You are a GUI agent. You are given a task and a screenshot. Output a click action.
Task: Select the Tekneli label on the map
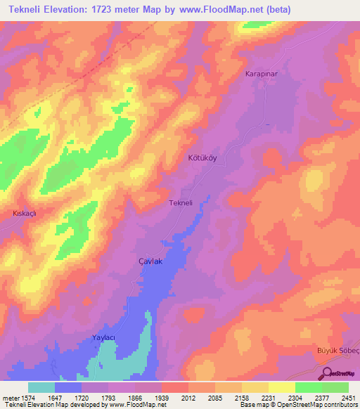point(181,203)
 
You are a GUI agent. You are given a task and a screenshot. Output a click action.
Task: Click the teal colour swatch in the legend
point(41,387)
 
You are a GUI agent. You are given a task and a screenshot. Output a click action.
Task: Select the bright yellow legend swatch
point(281,387)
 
